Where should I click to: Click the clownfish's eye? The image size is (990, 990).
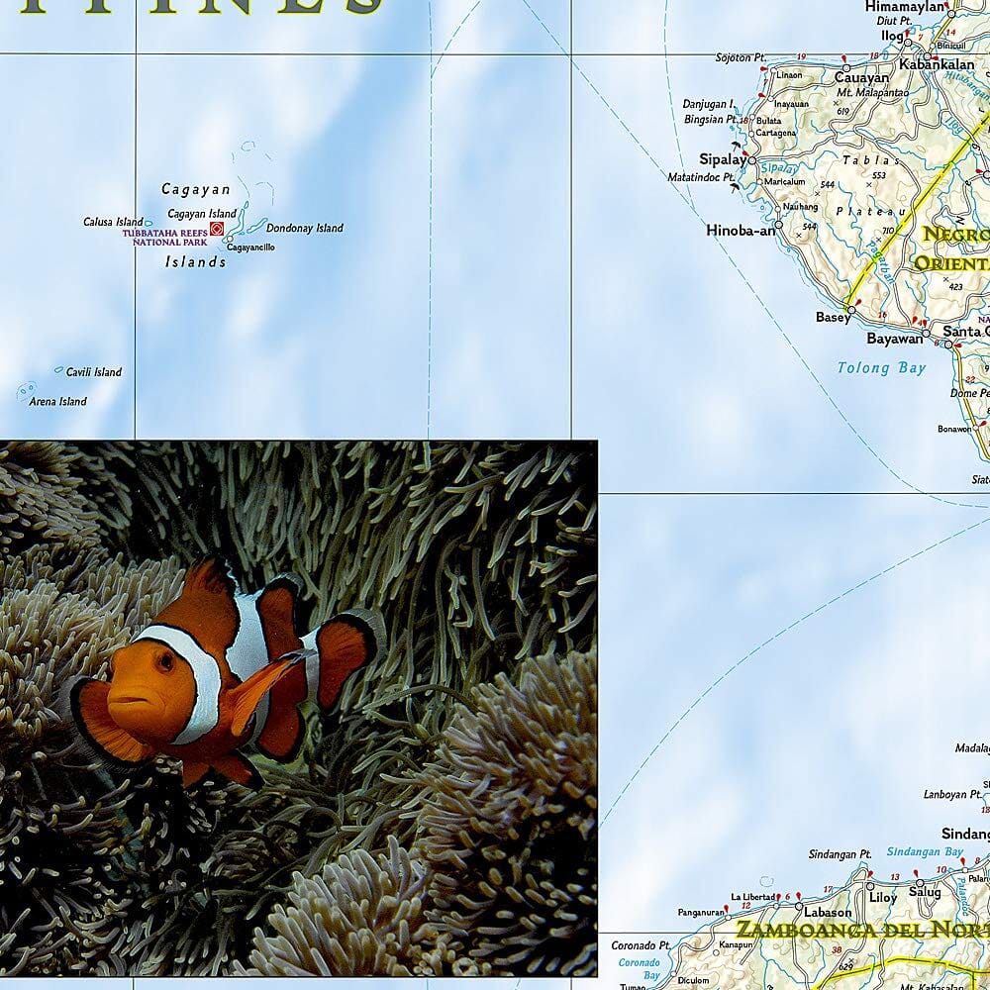pyautogui.click(x=165, y=661)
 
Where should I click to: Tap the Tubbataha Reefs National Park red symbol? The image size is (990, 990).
pyautogui.click(x=217, y=229)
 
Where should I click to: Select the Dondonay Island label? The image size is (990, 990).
pyautogui.click(x=305, y=228)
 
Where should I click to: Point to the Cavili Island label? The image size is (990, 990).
pyautogui.click(x=94, y=372)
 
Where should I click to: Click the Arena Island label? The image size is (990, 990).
pyautogui.click(x=58, y=402)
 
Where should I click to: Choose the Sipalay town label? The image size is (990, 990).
pyautogui.click(x=723, y=159)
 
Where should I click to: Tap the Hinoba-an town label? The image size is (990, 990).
pyautogui.click(x=741, y=231)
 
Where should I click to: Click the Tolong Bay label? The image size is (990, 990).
pyautogui.click(x=882, y=368)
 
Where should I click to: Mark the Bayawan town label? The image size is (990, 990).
pyautogui.click(x=895, y=338)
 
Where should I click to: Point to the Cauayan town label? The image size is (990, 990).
pyautogui.click(x=861, y=78)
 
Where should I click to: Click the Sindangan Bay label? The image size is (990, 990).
pyautogui.click(x=925, y=851)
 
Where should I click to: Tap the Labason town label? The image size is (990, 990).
pyautogui.click(x=828, y=913)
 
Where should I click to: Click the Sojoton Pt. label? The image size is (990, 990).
pyautogui.click(x=742, y=57)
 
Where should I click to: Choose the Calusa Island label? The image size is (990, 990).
pyautogui.click(x=114, y=222)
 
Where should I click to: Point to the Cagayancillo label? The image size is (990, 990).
pyautogui.click(x=250, y=247)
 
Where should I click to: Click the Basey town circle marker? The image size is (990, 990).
pyautogui.click(x=851, y=309)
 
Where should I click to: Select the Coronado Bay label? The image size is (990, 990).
pyautogui.click(x=639, y=968)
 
